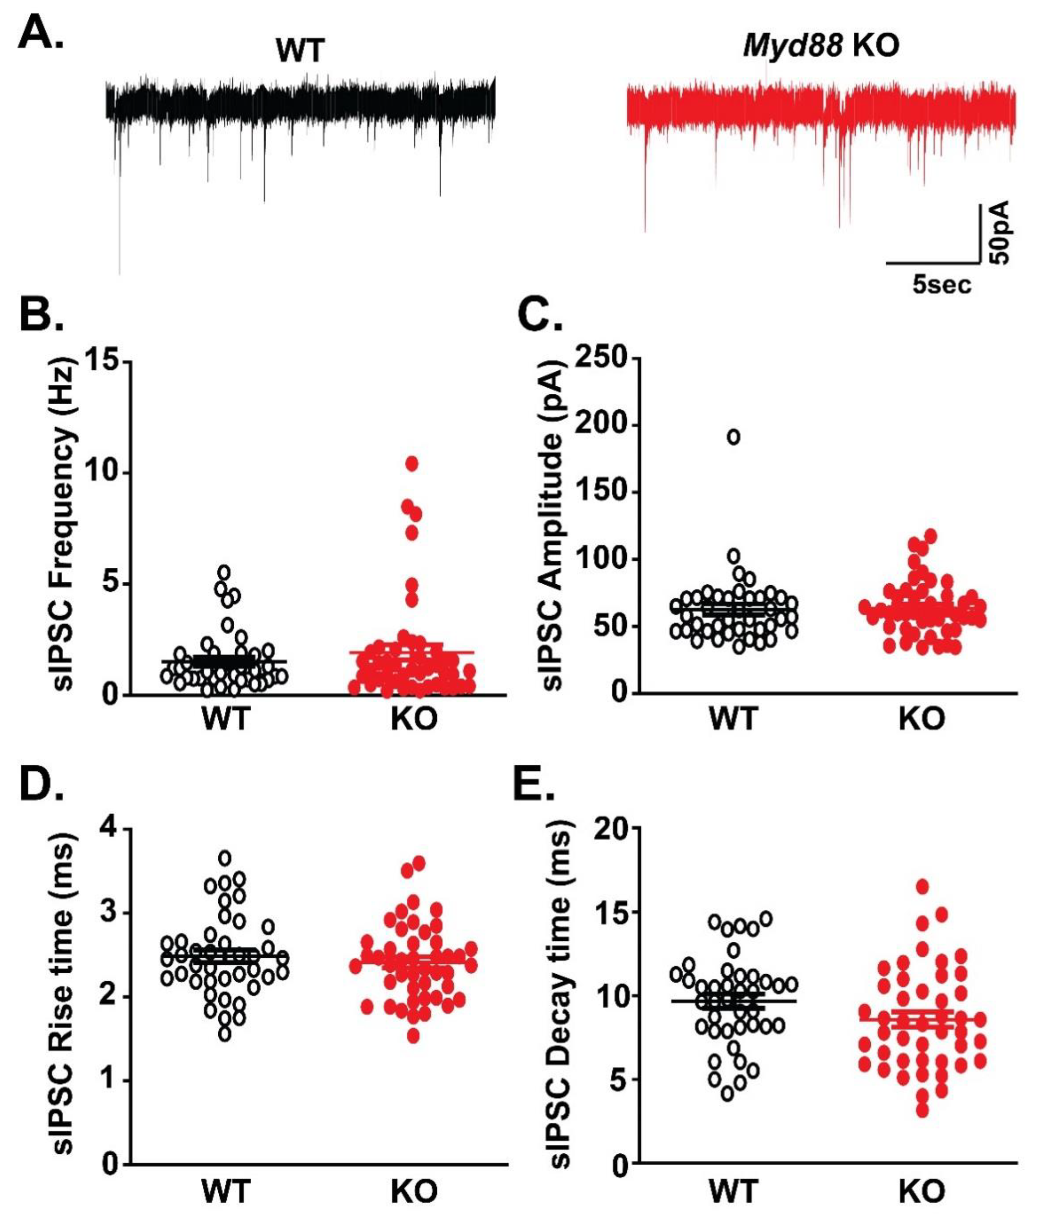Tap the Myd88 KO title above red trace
[x=820, y=46]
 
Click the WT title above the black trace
[x=300, y=50]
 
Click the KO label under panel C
[x=922, y=719]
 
